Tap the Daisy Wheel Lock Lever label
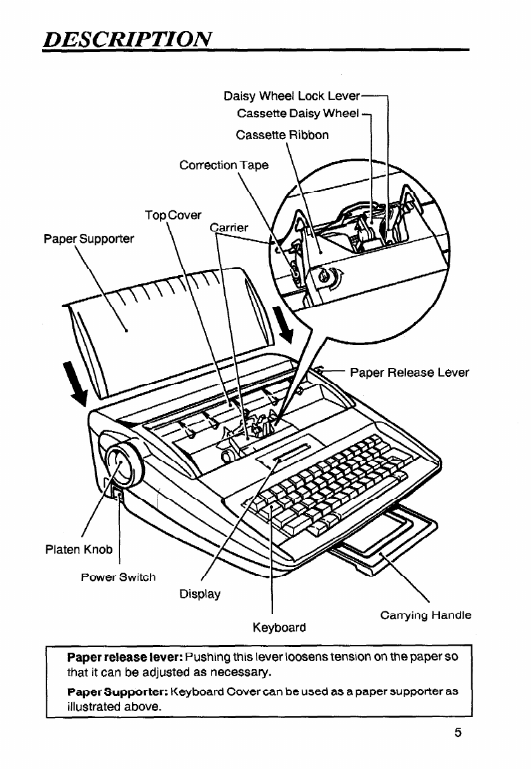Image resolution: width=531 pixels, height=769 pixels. (292, 97)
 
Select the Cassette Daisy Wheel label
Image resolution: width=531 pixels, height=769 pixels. (298, 114)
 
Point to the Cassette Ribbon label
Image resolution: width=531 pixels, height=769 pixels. (282, 135)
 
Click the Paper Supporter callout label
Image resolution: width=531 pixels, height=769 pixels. (88, 239)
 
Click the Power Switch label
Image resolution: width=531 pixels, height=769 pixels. (118, 577)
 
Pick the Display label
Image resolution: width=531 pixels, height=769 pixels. (200, 594)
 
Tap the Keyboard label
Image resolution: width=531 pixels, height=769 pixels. (279, 627)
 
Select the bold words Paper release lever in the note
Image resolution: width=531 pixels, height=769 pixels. (126, 655)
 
